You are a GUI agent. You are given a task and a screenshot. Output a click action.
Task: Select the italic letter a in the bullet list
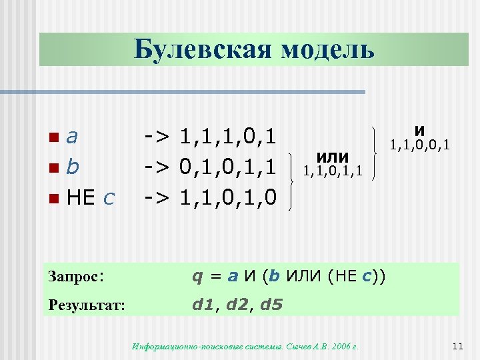73,137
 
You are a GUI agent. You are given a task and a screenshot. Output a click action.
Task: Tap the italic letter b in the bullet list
73,167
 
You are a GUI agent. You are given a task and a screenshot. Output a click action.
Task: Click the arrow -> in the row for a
159,137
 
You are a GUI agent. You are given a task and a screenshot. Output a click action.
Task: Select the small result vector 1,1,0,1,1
333,171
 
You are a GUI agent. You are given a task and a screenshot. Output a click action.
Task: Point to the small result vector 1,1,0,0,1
420,144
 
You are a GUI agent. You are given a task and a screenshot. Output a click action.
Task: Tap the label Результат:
87,305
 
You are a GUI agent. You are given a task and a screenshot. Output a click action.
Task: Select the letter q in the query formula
197,276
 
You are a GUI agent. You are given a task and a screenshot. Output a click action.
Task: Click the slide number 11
457,345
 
